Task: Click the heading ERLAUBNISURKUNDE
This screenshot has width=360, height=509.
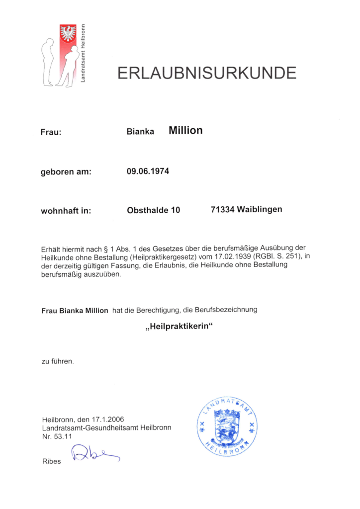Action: pos(206,73)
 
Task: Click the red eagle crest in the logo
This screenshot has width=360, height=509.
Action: pos(68,34)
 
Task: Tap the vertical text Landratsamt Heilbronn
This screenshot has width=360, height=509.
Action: pos(83,54)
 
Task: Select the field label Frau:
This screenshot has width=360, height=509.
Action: pos(51,133)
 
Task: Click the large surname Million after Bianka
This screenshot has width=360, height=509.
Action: pos(185,130)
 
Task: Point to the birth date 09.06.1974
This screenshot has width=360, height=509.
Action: pos(148,171)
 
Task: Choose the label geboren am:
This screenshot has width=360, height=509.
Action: pos(66,172)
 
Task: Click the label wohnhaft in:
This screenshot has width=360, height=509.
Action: pos(66,211)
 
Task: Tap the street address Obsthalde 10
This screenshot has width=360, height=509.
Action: pos(153,210)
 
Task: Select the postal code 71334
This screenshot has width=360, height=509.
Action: pos(222,209)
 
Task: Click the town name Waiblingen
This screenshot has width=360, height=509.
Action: pos(260,209)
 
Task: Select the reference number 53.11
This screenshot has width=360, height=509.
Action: pos(64,436)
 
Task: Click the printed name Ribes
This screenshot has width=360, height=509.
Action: pos(52,461)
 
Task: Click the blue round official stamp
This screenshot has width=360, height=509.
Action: pos(227,424)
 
